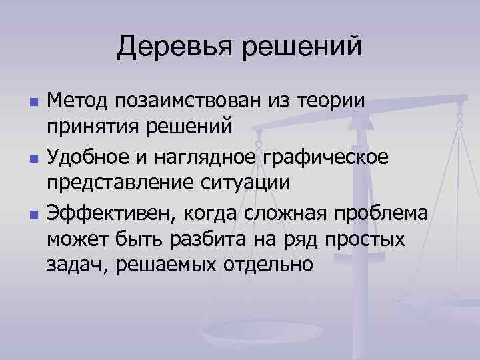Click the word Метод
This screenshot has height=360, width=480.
(x=77, y=102)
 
